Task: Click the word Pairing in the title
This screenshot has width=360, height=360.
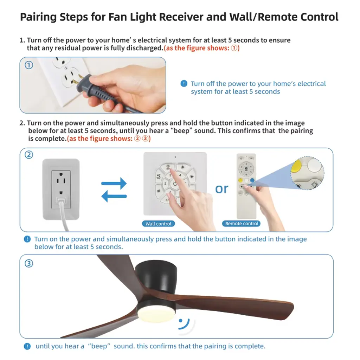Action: coord(38,17)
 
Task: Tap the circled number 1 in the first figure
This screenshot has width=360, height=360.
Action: coord(29,65)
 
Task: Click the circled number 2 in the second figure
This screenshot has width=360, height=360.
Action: coord(29,155)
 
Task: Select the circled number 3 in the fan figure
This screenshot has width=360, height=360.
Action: coord(29,263)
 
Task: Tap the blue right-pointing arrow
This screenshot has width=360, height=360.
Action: coord(114,183)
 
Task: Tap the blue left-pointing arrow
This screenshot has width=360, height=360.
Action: coord(114,196)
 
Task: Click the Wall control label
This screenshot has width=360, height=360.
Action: coord(159,224)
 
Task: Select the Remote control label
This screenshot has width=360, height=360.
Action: coord(242,223)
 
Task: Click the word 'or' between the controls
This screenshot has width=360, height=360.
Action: coord(221,189)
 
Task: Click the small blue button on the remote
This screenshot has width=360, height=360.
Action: coord(252,180)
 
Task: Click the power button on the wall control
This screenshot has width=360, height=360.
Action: coord(175,184)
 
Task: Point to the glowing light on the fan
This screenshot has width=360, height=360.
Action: coord(156,314)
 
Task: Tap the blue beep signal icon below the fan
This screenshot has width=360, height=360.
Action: coord(184,324)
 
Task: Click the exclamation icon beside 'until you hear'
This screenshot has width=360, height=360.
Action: coord(27,346)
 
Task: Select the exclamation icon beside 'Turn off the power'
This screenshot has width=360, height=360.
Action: coord(184,84)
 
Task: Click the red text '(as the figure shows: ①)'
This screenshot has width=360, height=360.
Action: coord(201,48)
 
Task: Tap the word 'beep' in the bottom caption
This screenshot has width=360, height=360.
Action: coord(99,346)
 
